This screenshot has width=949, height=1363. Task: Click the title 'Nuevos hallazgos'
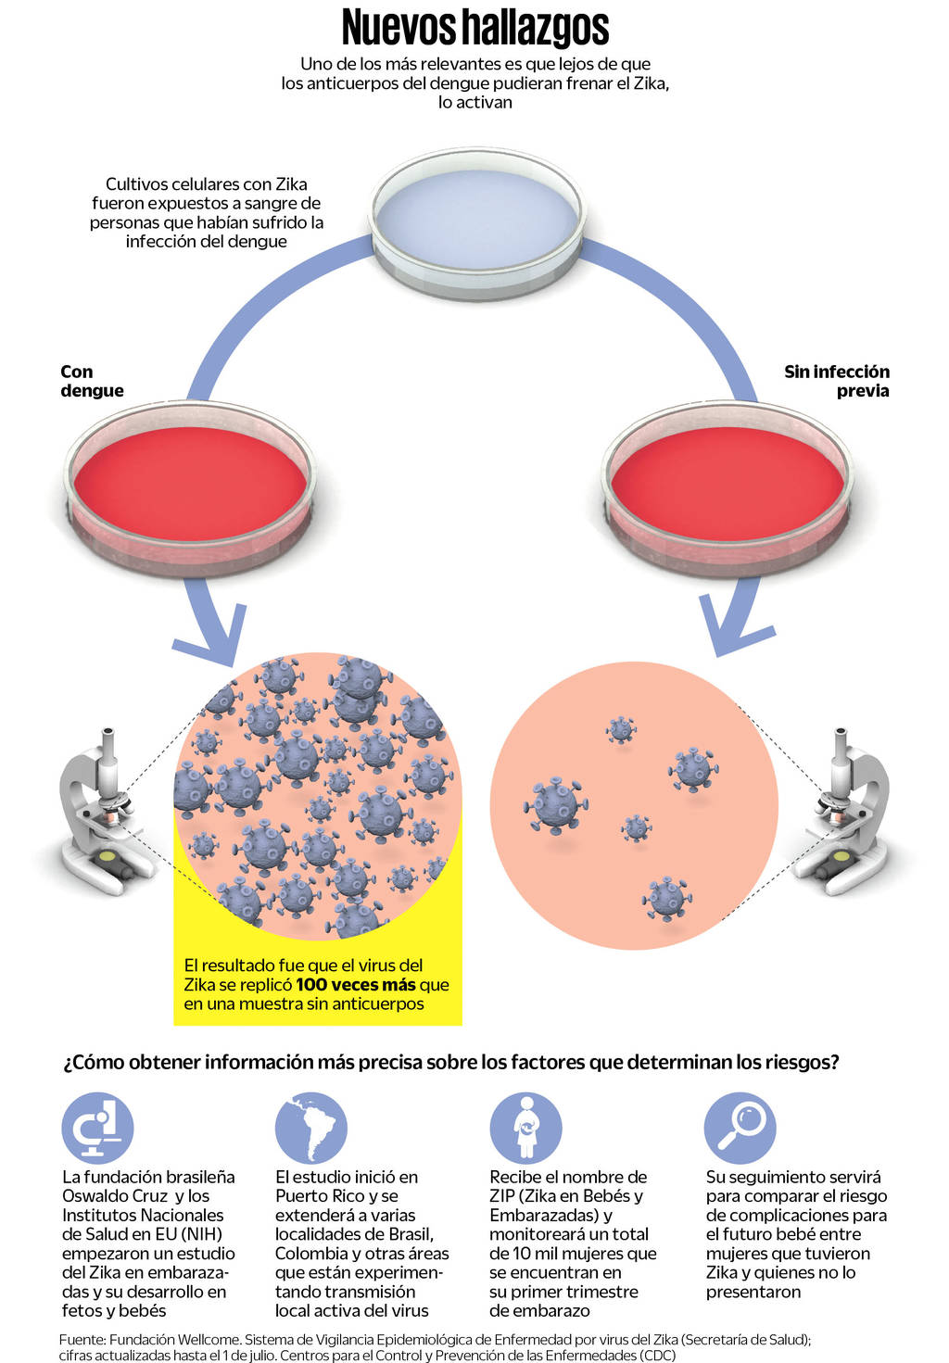(474, 27)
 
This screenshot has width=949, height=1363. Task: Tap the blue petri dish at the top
(477, 222)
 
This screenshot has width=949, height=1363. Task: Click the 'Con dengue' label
(91, 381)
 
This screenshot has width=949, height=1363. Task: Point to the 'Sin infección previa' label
(836, 381)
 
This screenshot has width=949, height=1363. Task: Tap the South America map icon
(311, 1128)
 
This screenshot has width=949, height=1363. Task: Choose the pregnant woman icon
(526, 1128)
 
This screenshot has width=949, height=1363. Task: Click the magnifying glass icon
(740, 1128)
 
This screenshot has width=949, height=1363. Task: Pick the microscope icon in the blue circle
(97, 1128)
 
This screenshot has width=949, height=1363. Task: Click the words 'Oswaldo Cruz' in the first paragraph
(115, 1196)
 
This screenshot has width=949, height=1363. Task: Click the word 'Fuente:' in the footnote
(82, 1340)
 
